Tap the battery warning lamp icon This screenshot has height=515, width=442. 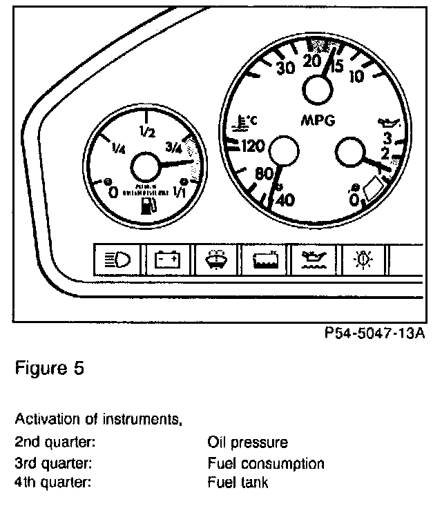coord(167,260)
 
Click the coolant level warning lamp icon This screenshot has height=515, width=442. coord(267,260)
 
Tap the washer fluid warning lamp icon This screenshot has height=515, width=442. coord(216,260)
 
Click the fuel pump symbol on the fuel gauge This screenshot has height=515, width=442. coord(148,206)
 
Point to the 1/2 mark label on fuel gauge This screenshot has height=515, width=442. coord(146,132)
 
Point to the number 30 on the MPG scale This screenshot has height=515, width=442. coord(285,68)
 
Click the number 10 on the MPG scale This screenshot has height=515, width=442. coord(357,76)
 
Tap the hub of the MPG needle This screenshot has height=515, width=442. coord(318,89)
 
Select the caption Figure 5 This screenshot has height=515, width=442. coord(50,368)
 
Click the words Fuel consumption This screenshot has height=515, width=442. coord(265,463)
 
